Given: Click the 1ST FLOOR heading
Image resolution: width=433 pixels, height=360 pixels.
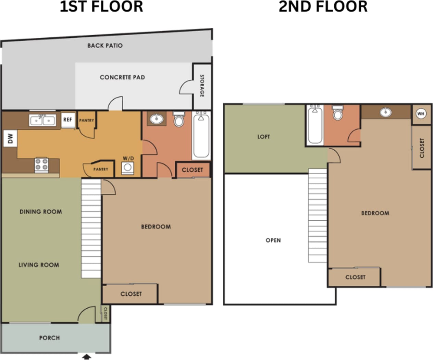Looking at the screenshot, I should click(x=101, y=7).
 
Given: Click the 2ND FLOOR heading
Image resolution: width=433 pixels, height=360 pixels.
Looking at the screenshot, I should click(x=323, y=7).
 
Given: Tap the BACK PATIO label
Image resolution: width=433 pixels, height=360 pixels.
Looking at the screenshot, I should click(x=105, y=46).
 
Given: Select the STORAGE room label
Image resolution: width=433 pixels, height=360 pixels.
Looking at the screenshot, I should click(x=202, y=86).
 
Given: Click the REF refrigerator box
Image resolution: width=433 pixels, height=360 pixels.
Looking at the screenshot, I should click(x=68, y=120).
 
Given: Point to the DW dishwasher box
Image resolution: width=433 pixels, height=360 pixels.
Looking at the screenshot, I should click(x=10, y=138).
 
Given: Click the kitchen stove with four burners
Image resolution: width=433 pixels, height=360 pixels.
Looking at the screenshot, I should click(x=41, y=165).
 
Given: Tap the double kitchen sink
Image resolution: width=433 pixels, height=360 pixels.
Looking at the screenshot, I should click(x=42, y=121).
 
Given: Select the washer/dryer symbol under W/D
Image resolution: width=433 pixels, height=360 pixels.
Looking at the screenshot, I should click(x=128, y=168).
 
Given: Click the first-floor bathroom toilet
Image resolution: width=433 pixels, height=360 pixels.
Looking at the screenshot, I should click(x=178, y=119).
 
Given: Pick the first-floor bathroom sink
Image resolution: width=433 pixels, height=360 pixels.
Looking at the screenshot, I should click(x=157, y=119).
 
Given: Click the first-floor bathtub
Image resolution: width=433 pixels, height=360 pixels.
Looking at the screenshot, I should click(x=201, y=135).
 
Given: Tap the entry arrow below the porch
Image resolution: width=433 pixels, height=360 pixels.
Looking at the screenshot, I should click(x=87, y=357).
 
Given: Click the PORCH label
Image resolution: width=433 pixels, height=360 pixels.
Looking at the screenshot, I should click(x=49, y=338).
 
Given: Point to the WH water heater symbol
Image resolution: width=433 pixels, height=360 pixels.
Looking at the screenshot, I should click(x=421, y=114).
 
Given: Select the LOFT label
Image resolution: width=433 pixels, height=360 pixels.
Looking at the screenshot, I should click(x=263, y=137).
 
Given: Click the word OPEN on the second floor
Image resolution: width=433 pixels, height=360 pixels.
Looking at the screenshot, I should click(x=273, y=240).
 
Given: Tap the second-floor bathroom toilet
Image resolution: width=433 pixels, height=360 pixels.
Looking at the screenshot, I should click(x=338, y=113).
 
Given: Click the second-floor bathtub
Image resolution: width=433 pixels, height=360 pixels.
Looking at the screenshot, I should click(x=315, y=125).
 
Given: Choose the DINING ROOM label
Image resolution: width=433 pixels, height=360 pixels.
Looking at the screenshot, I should click(x=41, y=212).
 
